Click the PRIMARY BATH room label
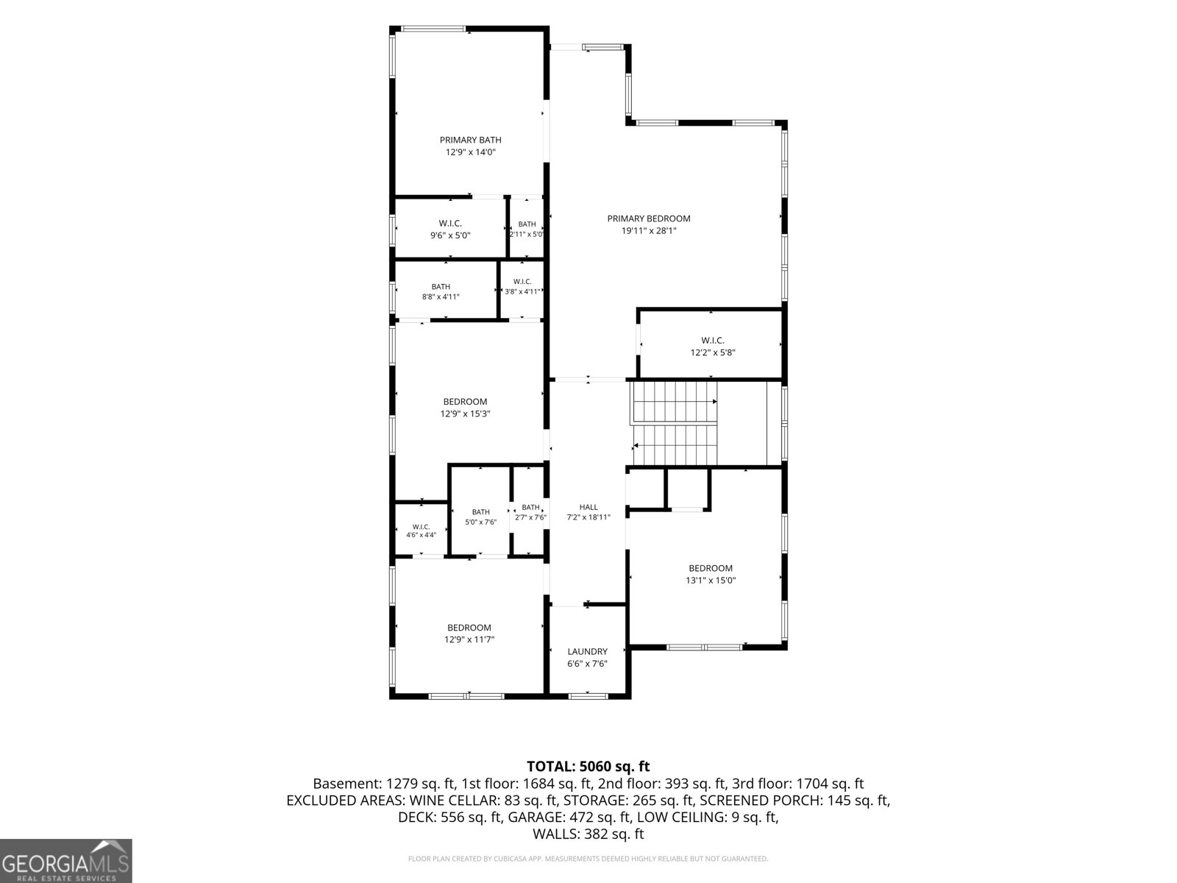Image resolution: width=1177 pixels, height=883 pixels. click(470, 140)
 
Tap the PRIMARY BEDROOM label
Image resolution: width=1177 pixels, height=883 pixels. click(648, 219)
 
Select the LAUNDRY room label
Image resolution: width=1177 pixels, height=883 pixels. click(587, 651)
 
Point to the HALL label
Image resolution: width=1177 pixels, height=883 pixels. click(588, 507)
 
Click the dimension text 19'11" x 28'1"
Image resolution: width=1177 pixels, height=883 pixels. click(648, 231)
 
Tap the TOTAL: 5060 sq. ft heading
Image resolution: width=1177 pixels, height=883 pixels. click(588, 766)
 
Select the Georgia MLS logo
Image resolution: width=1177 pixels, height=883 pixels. click(65, 861)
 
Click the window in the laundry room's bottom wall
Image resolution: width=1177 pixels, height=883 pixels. click(588, 696)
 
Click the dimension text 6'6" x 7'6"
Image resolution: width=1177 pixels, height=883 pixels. click(588, 664)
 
